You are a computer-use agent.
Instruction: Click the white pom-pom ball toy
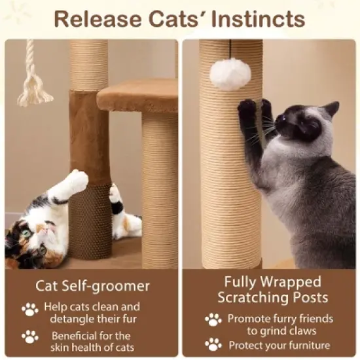point(230,73)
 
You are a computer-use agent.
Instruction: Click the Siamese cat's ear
point(332,108)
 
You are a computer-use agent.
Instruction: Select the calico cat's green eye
point(26,233)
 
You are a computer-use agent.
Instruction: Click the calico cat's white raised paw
point(77,181)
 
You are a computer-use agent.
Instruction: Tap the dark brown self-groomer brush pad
point(90,223)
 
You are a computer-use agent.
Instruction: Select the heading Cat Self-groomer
point(92,286)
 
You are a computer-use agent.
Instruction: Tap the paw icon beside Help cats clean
point(29,309)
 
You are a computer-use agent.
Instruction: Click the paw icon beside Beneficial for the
point(29,336)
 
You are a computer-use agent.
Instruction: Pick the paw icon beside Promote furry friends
point(213,319)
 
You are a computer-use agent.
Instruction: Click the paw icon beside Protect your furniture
point(213,344)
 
